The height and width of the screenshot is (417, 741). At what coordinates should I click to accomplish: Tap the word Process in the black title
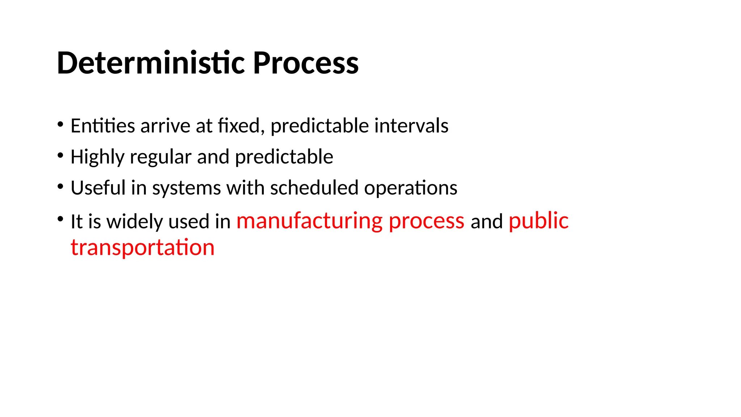(305, 63)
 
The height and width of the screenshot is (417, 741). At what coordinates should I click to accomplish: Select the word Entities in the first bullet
(103, 126)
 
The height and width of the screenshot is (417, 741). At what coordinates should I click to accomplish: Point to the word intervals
(411, 126)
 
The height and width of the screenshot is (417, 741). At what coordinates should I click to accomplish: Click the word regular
(160, 157)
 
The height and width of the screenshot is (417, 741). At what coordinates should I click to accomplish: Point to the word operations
(410, 188)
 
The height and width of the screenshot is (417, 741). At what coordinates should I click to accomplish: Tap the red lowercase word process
(426, 221)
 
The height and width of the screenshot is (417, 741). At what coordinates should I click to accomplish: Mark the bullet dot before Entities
(60, 125)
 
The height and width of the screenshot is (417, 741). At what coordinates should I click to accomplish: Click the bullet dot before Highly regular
(60, 156)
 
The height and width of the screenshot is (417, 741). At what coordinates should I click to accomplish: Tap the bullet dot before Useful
(60, 187)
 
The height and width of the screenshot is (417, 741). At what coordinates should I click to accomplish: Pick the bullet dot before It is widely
(60, 219)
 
